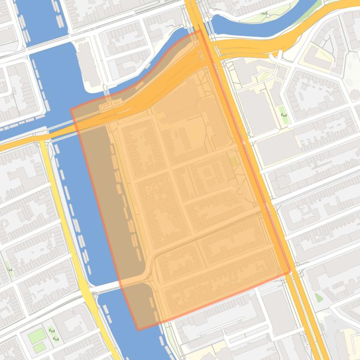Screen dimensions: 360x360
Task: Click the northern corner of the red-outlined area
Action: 200,31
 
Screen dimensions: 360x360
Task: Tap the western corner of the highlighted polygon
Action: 71,110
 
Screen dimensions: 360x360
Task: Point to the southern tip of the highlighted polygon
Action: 139,330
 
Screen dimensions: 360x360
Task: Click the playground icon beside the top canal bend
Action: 265,14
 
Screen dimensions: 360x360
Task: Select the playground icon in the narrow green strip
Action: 284,114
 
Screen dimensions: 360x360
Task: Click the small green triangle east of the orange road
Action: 319,297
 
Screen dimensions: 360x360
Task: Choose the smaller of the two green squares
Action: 39,347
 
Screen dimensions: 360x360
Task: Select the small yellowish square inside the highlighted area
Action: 234,161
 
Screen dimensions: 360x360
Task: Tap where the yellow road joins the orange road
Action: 43,138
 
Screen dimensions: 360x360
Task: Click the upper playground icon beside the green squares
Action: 51,331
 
